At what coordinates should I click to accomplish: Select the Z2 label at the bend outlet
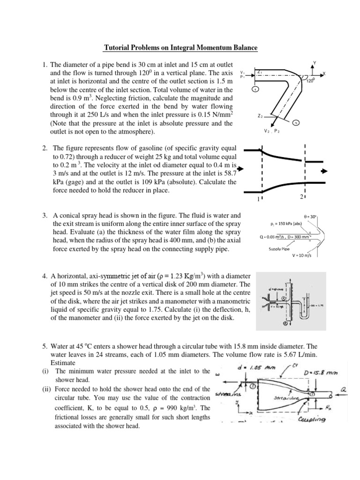point(260,115)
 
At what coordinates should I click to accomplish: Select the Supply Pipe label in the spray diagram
point(279,249)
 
